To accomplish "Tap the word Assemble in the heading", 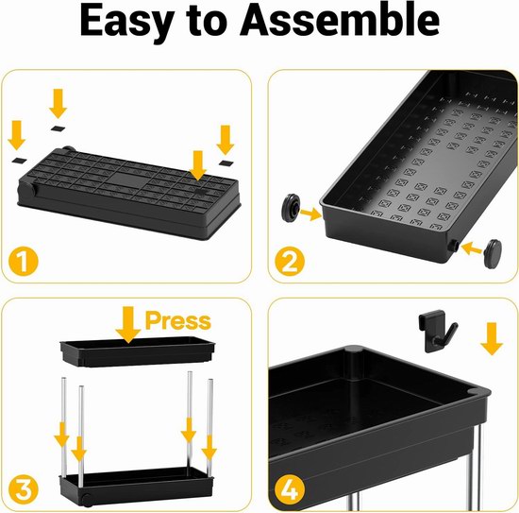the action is [340, 20].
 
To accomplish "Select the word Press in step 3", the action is [178, 320].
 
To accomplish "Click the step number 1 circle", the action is [24, 261].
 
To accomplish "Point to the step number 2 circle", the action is [290, 262].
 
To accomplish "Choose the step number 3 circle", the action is [24, 489].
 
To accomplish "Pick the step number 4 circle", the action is [290, 489].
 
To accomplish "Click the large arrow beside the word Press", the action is [128, 324].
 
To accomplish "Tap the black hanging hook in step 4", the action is [437, 331].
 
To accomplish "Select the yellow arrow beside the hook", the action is [493, 338].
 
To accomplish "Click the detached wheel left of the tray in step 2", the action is [291, 206].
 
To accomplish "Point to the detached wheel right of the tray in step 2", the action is [493, 253].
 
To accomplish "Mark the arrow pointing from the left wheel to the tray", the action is [310, 214].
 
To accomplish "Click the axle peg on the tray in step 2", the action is [453, 246].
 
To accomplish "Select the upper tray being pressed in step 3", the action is [138, 351].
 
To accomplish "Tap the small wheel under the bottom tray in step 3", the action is [87, 499].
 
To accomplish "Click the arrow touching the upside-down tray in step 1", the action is [198, 165].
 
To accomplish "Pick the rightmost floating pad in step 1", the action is [226, 162].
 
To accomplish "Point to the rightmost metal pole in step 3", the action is [210, 426].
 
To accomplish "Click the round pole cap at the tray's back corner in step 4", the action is [355, 350].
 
